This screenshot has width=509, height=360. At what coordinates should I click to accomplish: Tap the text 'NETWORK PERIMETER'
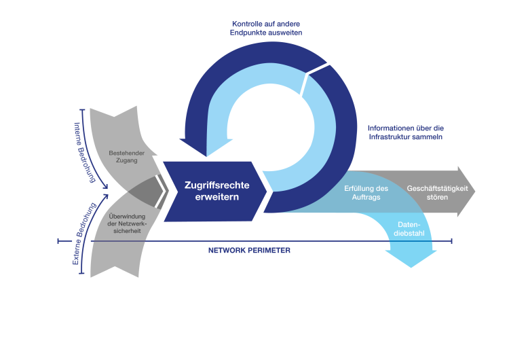(249, 251)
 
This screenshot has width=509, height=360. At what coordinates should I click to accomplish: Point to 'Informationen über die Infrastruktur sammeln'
(405, 132)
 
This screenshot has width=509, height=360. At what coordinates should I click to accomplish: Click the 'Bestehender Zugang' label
(128, 157)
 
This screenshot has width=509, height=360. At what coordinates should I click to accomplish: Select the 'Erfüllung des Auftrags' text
(366, 192)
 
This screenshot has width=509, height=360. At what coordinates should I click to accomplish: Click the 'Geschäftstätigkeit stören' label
(437, 192)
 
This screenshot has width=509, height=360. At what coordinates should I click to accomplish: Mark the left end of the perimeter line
(59, 240)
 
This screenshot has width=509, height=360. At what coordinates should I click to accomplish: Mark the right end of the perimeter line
(451, 240)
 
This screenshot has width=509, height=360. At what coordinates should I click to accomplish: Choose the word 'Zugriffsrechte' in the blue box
(212, 183)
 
